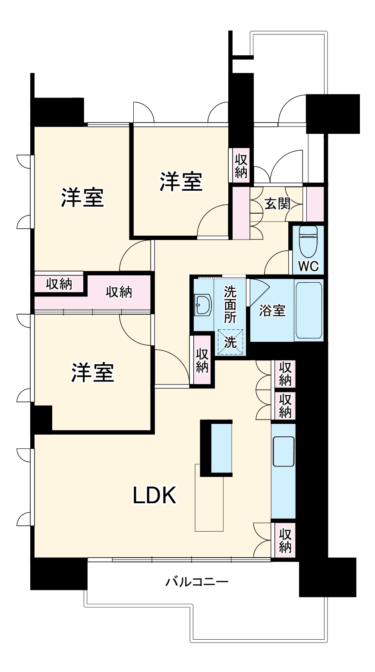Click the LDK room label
(x=154, y=495)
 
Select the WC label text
(x=309, y=266)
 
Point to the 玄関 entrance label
(x=277, y=204)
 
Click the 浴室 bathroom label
(x=272, y=310)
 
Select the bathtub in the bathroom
(x=309, y=310)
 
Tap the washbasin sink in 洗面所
(x=202, y=305)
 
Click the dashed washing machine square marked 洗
(x=230, y=342)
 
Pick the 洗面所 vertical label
(x=230, y=304)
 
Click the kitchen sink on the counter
(x=284, y=451)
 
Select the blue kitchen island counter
(x=221, y=448)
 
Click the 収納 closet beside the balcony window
(x=285, y=540)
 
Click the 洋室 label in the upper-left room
(x=82, y=198)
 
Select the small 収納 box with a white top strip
(x=59, y=284)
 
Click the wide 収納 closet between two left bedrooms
(x=119, y=292)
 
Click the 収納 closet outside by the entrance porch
(x=241, y=166)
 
